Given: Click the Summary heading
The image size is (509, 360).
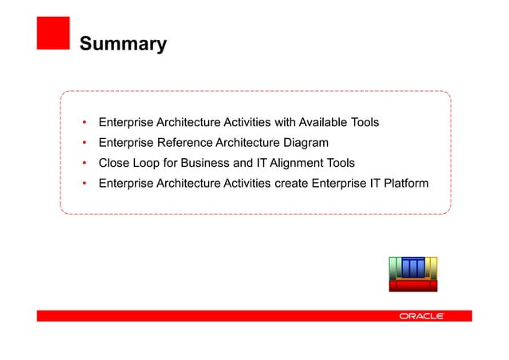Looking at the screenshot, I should coord(122,43).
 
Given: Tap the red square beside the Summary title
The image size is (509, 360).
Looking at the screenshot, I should coord(53,33).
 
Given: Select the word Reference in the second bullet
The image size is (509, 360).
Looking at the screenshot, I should coord(181,143).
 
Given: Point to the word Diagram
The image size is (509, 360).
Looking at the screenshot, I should coord(301,143).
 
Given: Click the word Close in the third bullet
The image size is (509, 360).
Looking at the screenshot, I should coord(114,164).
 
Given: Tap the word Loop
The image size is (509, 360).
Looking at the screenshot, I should coord(148,164).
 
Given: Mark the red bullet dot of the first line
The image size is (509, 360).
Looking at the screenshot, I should coord(85,123).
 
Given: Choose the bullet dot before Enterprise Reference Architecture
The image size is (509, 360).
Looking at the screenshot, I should coord(85,144).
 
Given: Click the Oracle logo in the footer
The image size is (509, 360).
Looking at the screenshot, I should coord(421,316).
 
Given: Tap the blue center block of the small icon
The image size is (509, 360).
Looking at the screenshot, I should coord(413,267).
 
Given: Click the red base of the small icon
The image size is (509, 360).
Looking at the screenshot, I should coord(413,285).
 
